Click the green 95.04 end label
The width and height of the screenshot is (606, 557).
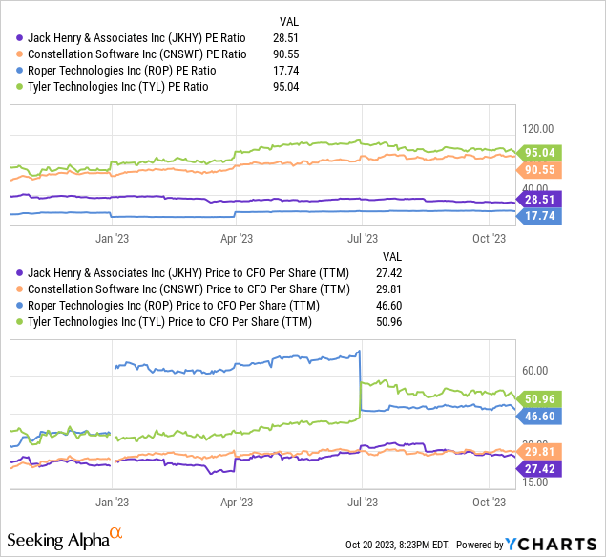click(x=540, y=152)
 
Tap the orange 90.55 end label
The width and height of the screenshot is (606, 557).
click(x=540, y=170)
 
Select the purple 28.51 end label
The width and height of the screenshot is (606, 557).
click(x=540, y=200)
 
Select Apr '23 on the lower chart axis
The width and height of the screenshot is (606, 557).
click(x=236, y=499)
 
